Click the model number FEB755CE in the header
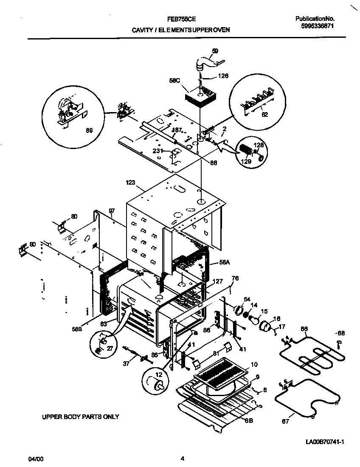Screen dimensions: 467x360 point(181,19)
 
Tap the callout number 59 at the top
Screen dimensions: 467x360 point(215,51)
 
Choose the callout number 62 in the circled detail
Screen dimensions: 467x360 point(264,114)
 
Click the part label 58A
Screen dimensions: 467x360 point(225,263)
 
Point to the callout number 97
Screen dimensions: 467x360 point(112,211)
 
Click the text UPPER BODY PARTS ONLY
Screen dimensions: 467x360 point(80,416)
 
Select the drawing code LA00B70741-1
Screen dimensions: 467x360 point(324,442)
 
